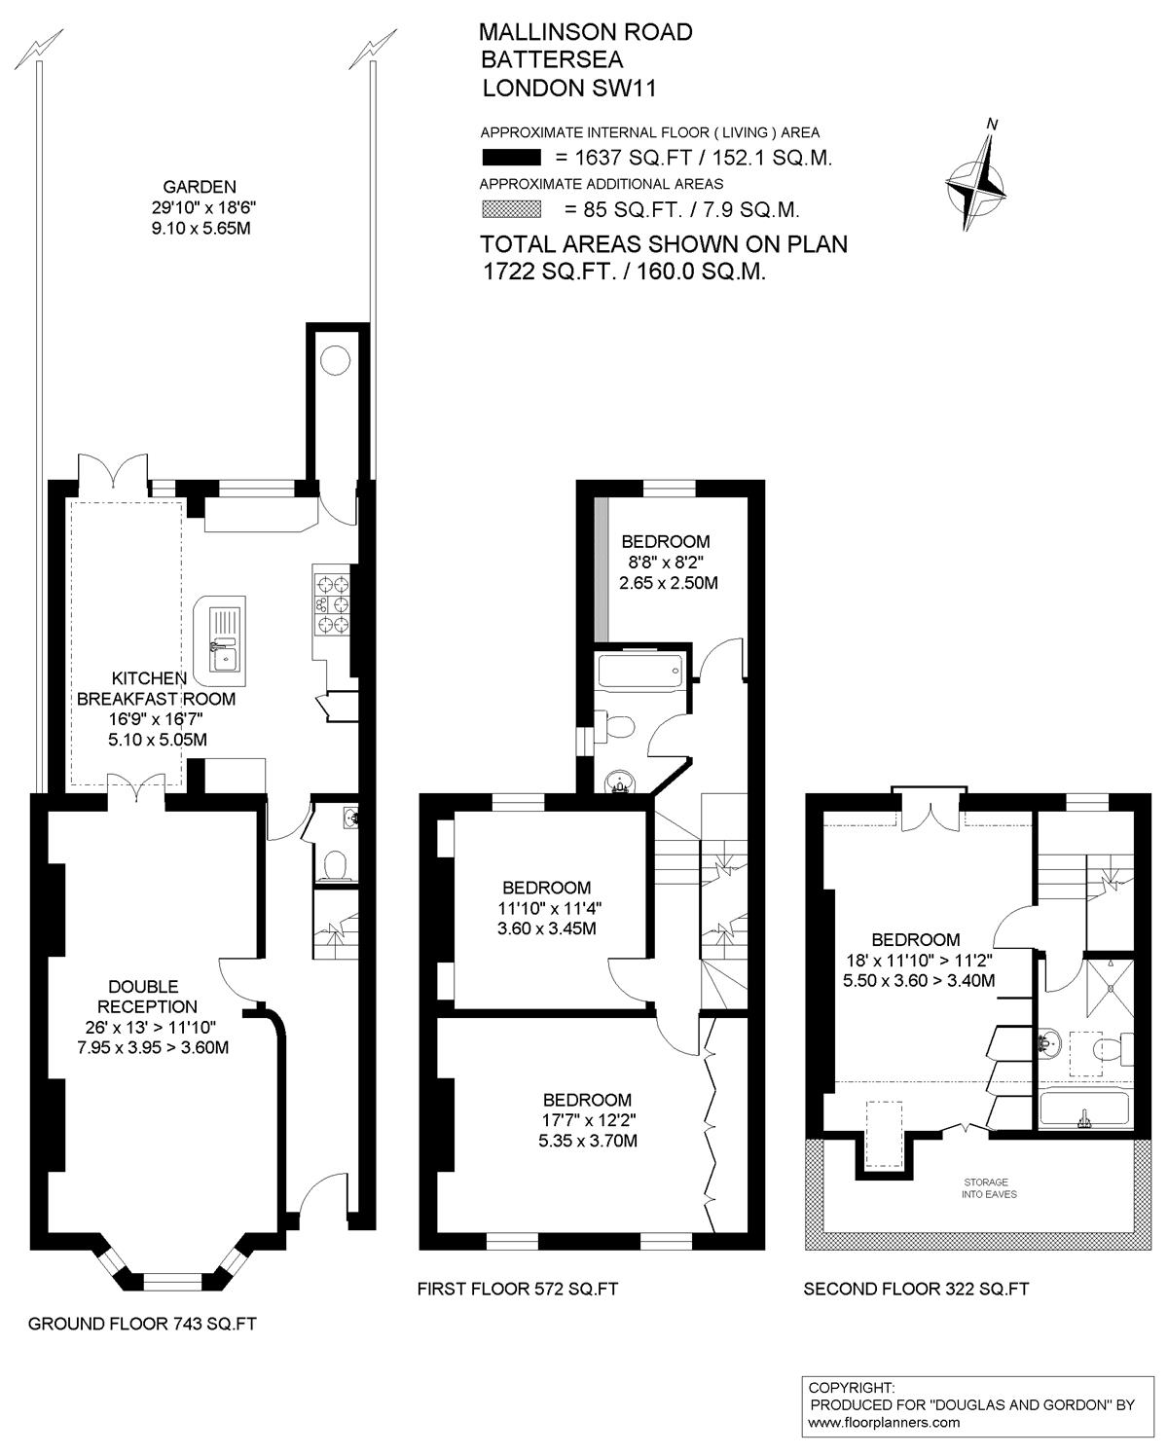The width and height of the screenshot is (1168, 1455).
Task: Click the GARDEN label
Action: pos(200,187)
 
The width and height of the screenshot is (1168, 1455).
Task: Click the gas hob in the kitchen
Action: pos(333,602)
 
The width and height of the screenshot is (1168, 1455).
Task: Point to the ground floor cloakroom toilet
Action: pos(336,865)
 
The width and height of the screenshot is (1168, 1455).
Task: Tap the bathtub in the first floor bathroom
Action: pos(640,670)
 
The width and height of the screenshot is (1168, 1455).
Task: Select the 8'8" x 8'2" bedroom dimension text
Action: pos(666,562)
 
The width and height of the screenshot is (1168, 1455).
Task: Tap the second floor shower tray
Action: pos(1110,987)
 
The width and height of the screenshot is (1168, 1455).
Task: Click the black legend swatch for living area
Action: pos(511,158)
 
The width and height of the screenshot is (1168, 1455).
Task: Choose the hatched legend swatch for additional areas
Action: pos(511,209)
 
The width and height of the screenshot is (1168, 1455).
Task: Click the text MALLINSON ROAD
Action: pos(586,32)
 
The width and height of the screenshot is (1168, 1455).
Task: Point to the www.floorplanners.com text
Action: pos(884,1423)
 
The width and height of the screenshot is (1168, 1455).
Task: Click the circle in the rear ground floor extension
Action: pos(335,360)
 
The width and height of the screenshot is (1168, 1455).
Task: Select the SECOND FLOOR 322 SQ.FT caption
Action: pos(916,1289)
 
